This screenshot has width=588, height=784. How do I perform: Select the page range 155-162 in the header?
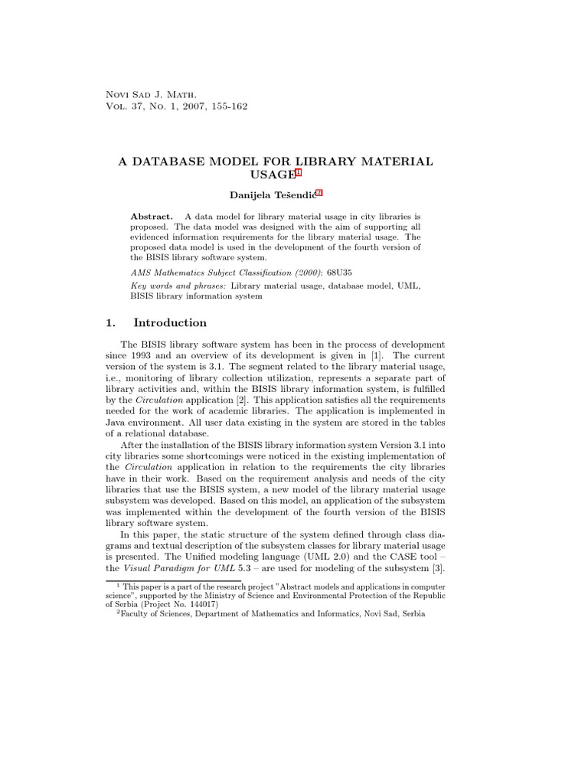coord(226,106)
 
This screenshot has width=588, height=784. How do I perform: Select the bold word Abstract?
coord(151,217)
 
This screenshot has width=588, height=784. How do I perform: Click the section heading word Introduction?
coord(169,322)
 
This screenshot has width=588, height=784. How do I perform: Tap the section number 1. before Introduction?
coord(111,322)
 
